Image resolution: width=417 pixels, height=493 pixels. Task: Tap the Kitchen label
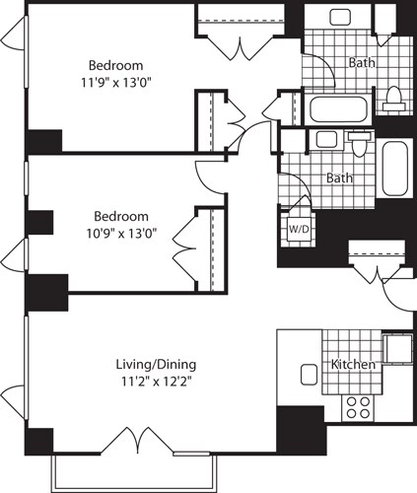353,365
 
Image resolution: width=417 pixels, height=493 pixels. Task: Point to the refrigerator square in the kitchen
397,350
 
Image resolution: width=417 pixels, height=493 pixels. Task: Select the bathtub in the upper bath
338,108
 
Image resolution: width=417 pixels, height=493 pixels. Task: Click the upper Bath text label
361,62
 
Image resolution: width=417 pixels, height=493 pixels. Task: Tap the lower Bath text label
340,178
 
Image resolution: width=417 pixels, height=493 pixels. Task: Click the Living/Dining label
151,366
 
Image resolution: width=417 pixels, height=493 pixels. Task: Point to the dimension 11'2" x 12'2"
151,384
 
